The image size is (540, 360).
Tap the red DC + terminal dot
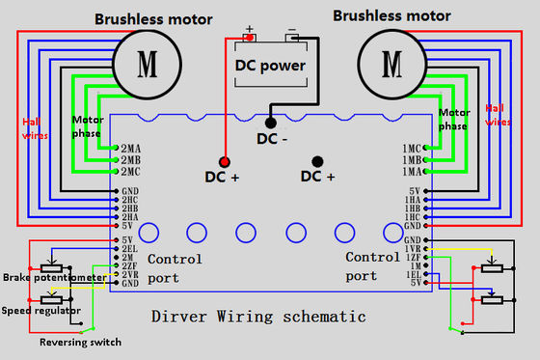(x=224, y=160)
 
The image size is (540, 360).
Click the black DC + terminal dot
(x=316, y=160)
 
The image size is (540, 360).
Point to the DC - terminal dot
(x=271, y=123)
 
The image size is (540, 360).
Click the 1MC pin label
(x=410, y=148)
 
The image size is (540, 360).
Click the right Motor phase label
(x=454, y=120)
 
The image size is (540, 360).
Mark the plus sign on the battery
(x=249, y=29)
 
